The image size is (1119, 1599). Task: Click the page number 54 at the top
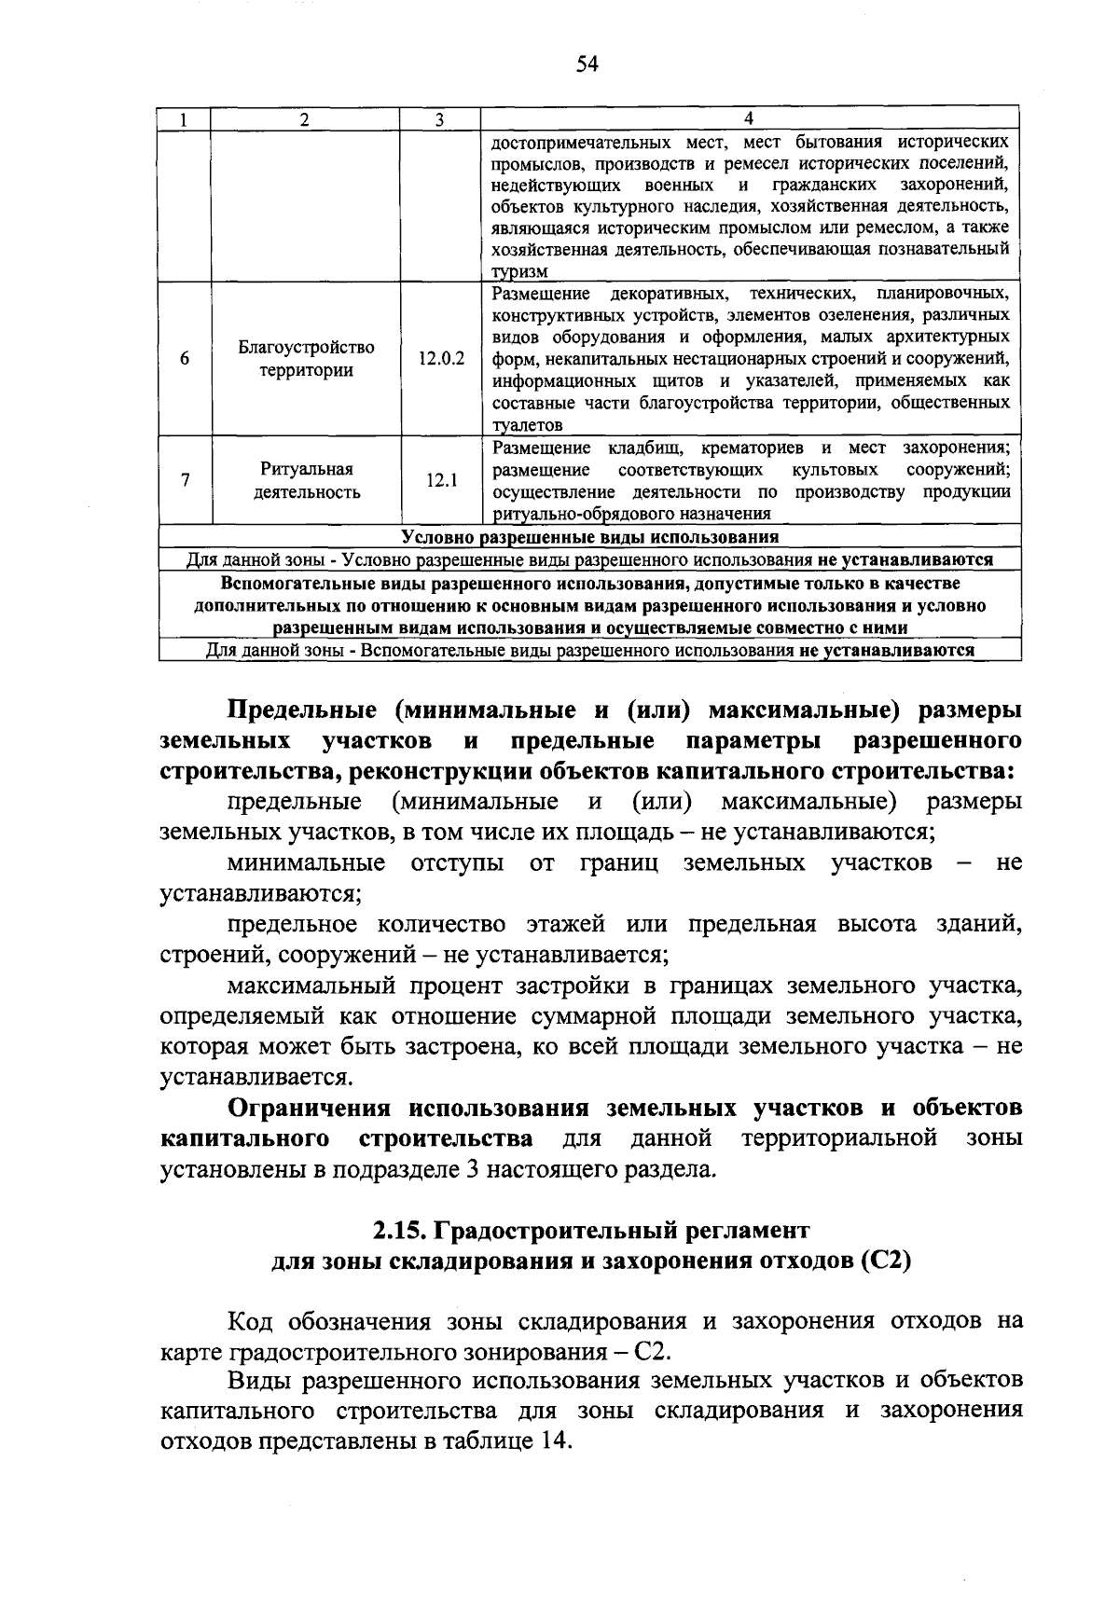tap(586, 64)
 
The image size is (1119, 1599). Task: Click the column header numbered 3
tap(439, 119)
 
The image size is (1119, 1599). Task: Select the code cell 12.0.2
tap(441, 358)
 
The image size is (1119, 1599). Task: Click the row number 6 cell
tap(185, 358)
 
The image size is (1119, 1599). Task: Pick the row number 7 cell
tap(185, 481)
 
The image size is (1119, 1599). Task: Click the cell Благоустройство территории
tap(306, 359)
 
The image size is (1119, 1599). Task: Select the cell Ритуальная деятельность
tap(306, 481)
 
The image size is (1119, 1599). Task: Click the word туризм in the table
tap(520, 271)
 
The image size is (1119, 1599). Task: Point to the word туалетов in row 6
tap(527, 425)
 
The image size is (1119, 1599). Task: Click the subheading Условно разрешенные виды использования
tap(589, 538)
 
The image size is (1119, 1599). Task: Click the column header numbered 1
tap(185, 119)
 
